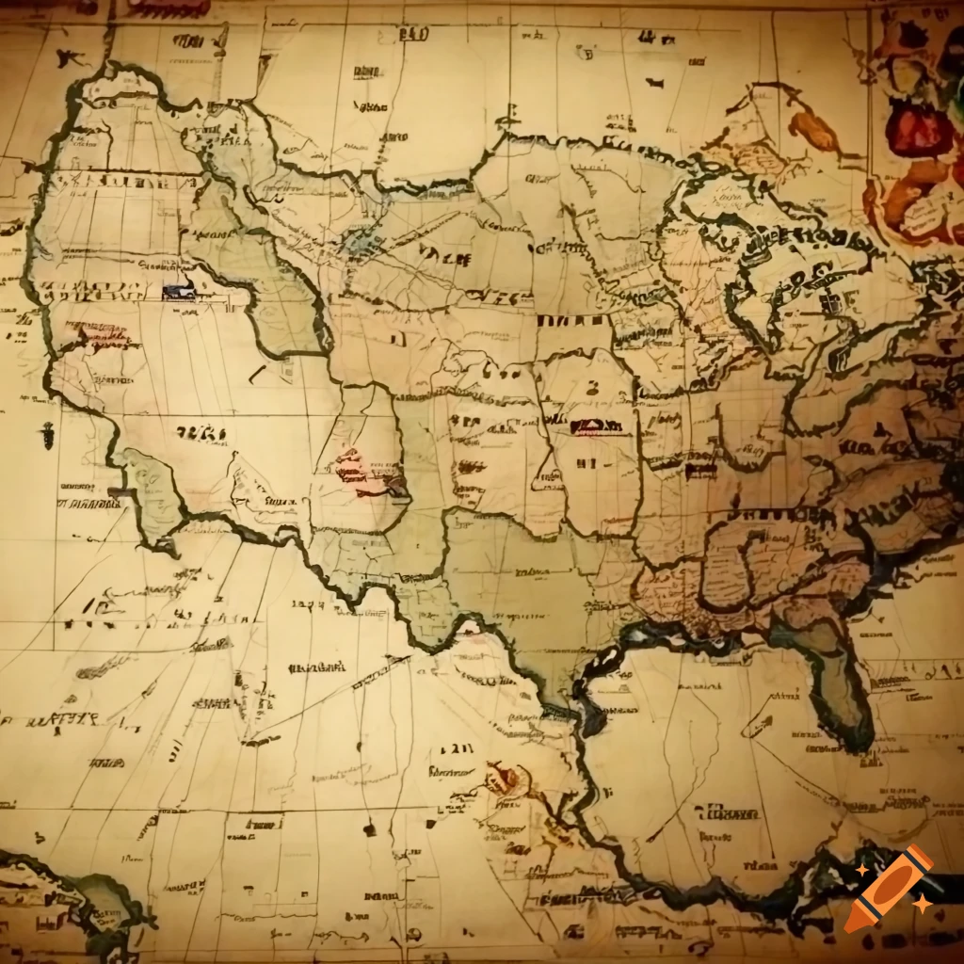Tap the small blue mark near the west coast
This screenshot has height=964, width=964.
click(177, 292)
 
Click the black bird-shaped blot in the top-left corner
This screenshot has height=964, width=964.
click(68, 58)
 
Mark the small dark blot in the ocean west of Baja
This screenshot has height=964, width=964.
click(46, 435)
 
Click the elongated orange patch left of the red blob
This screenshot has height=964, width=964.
click(813, 132)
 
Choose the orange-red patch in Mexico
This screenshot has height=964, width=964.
click(504, 779)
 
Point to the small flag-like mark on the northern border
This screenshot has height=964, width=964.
click(508, 120)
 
